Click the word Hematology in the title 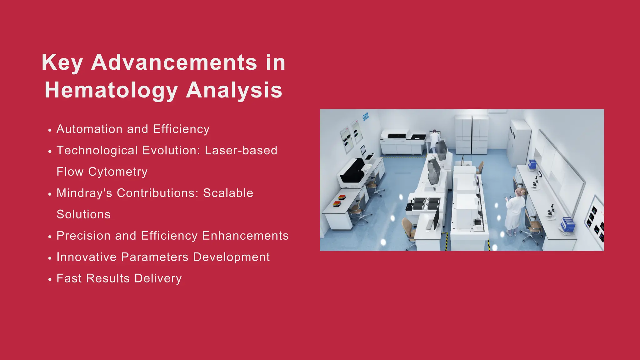click(x=111, y=90)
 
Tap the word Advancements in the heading click(x=174, y=62)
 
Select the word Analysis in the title click(x=234, y=90)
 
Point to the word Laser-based click(x=241, y=150)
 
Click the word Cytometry click(x=117, y=172)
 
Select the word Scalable click(x=228, y=193)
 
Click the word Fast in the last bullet click(x=69, y=278)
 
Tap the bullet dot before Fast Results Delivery click(x=50, y=279)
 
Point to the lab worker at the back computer click(x=434, y=141)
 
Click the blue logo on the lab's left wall click(x=365, y=117)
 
